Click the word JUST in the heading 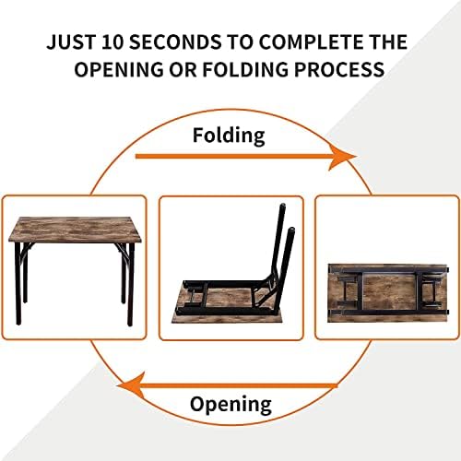pos(71,41)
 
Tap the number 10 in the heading pos(112,41)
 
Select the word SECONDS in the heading pos(175,41)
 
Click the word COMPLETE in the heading pos(310,41)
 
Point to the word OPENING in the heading pos(119,69)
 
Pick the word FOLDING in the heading pos(245,69)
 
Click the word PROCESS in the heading pos(339,69)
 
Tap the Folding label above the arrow pos(229,136)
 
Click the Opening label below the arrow pos(230,405)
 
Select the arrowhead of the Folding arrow pos(343,158)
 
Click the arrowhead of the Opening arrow pos(131,385)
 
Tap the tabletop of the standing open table pos(75,230)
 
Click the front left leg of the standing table pos(18,283)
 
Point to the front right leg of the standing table pos(131,284)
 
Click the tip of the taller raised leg pos(282,205)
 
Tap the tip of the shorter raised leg pos(291,230)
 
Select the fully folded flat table pos(388,293)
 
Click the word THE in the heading pos(387,41)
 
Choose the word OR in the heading pos(183,69)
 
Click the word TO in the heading pos(240,41)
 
